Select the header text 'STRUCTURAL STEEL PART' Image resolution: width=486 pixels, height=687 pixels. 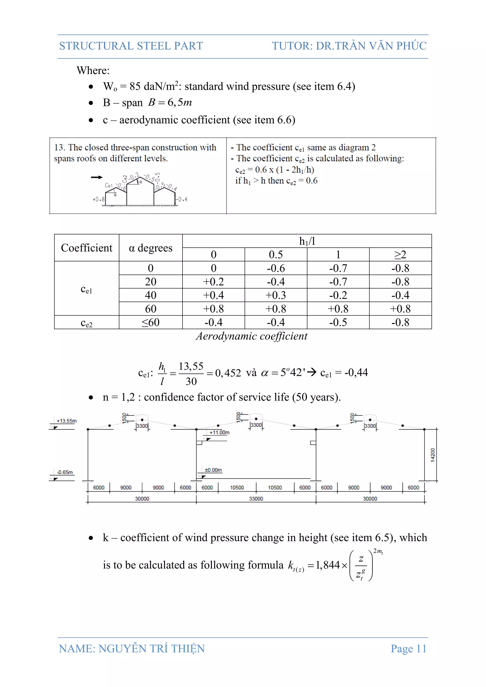[x=131, y=46]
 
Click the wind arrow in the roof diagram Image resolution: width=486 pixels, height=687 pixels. [x=97, y=177]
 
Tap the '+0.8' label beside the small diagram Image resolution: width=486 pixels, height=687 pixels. [x=98, y=199]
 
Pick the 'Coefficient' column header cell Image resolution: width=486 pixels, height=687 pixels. [x=86, y=248]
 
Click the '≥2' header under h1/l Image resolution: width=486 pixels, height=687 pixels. [x=400, y=255]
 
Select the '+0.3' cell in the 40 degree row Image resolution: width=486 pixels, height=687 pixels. [x=276, y=295]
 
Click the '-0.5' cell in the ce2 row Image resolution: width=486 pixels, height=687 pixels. [x=338, y=322]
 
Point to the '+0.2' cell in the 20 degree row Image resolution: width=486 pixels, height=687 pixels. [x=213, y=282]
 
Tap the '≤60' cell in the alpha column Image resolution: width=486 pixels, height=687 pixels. [x=150, y=322]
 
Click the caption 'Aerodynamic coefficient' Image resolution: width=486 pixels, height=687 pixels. [x=251, y=336]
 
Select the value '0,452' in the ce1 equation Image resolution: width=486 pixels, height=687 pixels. [x=228, y=373]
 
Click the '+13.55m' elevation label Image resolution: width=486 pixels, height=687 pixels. [x=67, y=421]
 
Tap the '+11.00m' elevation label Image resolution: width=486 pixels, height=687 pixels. [x=219, y=432]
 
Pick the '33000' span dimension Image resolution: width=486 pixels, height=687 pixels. [x=256, y=498]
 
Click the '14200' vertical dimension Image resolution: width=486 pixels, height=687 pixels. [x=432, y=455]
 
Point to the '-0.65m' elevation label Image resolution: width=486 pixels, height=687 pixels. [x=65, y=472]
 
